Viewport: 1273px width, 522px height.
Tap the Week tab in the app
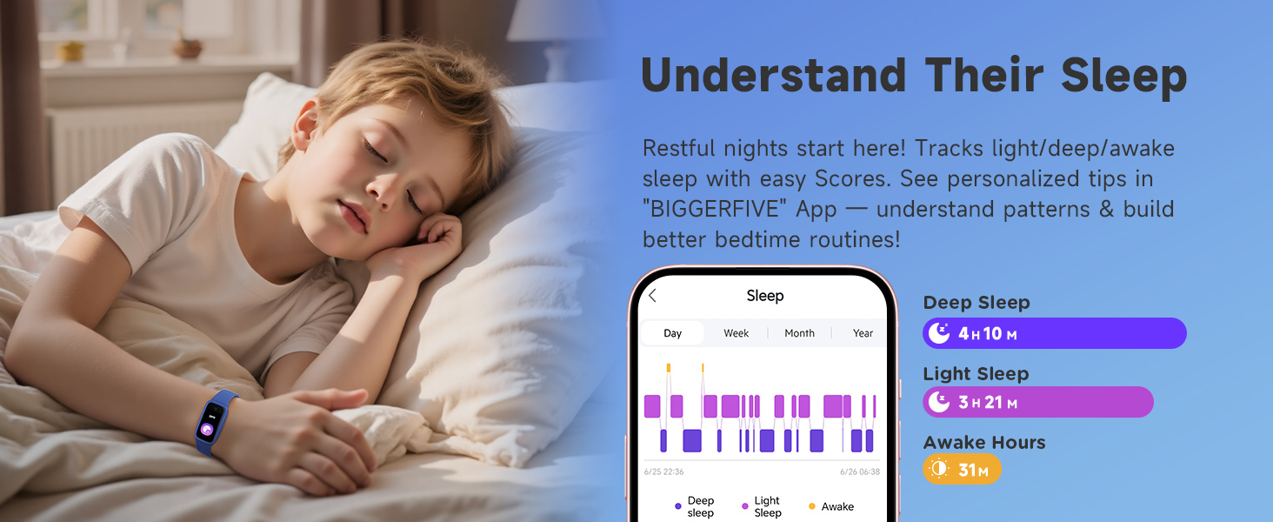click(x=736, y=333)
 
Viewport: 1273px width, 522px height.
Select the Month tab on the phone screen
click(x=799, y=333)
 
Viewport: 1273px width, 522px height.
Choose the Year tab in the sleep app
click(x=863, y=333)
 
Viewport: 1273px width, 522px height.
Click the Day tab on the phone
click(x=672, y=333)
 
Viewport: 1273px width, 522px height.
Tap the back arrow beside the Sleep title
click(x=653, y=296)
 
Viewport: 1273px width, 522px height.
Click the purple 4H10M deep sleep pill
click(x=1054, y=333)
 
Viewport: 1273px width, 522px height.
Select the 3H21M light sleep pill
click(x=1037, y=402)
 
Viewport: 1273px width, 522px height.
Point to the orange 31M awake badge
click(x=962, y=470)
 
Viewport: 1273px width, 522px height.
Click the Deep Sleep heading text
click(x=976, y=303)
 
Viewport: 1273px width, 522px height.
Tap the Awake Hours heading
click(x=984, y=443)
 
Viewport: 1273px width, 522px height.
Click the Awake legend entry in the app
click(x=831, y=506)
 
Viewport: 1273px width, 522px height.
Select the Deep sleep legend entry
click(x=695, y=506)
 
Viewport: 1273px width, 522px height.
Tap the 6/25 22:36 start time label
click(x=663, y=472)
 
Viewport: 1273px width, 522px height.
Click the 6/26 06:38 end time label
click(x=859, y=472)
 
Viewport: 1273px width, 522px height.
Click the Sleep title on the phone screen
click(x=765, y=296)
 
